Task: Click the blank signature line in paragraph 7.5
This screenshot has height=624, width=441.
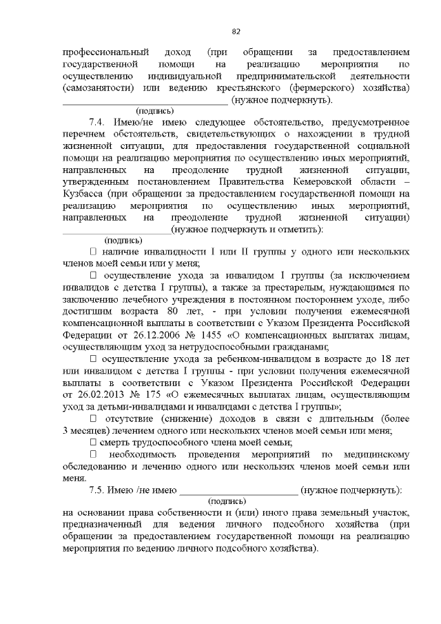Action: coord(238,491)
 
